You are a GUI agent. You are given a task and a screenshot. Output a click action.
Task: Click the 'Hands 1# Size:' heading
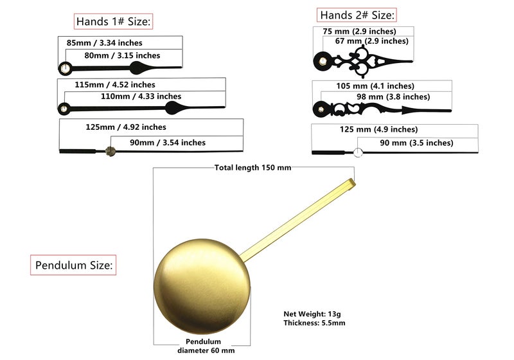pyautogui.click(x=114, y=22)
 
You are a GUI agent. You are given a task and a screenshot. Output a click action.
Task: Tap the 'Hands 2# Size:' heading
pyautogui.click(x=357, y=15)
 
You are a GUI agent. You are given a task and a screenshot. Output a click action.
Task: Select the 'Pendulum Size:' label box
pyautogui.click(x=73, y=265)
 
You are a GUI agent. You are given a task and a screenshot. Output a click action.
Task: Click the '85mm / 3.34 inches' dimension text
pyautogui.click(x=104, y=43)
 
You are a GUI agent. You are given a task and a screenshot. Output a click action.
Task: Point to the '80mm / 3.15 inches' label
pyautogui.click(x=122, y=55)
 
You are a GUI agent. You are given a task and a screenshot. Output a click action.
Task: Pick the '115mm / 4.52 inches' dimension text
pyautogui.click(x=115, y=85)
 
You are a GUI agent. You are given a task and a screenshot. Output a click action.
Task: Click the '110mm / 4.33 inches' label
pyautogui.click(x=141, y=96)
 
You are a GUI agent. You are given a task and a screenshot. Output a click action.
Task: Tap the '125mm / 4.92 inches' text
pyautogui.click(x=126, y=127)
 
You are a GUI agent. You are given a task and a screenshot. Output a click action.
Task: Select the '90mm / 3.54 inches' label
pyautogui.click(x=168, y=143)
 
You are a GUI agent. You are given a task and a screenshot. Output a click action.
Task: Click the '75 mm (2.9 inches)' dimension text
pyautogui.click(x=359, y=32)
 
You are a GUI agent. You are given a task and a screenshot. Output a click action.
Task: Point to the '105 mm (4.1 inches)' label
pyautogui.click(x=375, y=86)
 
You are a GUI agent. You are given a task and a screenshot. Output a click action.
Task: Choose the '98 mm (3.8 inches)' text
pyautogui.click(x=393, y=97)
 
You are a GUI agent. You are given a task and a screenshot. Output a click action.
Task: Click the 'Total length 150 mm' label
pyautogui.click(x=253, y=168)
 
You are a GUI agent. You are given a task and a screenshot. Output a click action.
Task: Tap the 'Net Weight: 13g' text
pyautogui.click(x=312, y=314)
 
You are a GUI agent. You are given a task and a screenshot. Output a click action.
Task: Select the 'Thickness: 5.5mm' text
pyautogui.click(x=314, y=323)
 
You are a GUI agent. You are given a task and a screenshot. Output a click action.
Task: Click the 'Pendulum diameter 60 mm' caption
pyautogui.click(x=206, y=346)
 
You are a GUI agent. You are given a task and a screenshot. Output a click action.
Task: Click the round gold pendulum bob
pyautogui.click(x=202, y=287)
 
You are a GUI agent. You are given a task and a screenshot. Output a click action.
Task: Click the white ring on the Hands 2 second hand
pyautogui.click(x=358, y=152)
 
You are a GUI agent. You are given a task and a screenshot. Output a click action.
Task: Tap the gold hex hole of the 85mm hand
pyautogui.click(x=65, y=69)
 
